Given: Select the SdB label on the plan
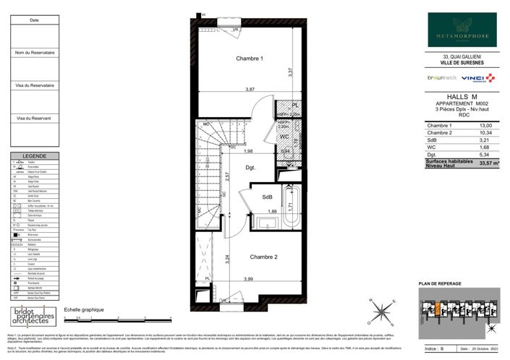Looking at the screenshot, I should click(x=267, y=197).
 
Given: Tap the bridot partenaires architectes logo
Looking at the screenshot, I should click(x=33, y=317).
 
